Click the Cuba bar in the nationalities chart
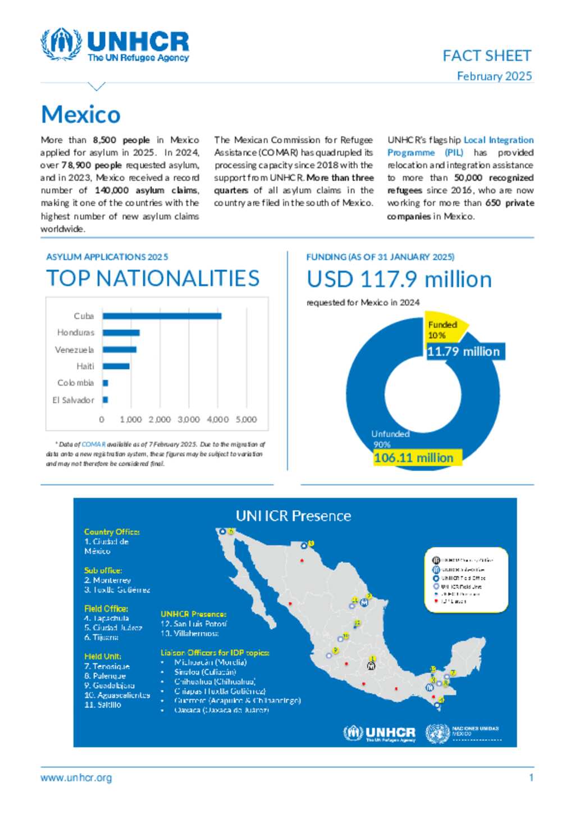coord(162,316)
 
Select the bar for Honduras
coord(121,333)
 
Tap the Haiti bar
coord(116,366)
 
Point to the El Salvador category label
coord(73,400)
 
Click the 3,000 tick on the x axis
coord(189,420)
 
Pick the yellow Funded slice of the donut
coord(444,329)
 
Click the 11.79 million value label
coord(463,352)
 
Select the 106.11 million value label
coord(414,458)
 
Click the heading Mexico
coord(81,115)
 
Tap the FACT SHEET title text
coord(487,56)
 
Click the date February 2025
coord(494,76)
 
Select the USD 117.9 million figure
coord(399,279)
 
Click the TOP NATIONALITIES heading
coord(153,279)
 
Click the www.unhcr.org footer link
coord(76,778)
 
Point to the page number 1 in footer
coord(531,778)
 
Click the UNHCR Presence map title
coord(293,516)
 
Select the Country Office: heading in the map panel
coord(112,531)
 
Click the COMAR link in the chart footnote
coord(94,444)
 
